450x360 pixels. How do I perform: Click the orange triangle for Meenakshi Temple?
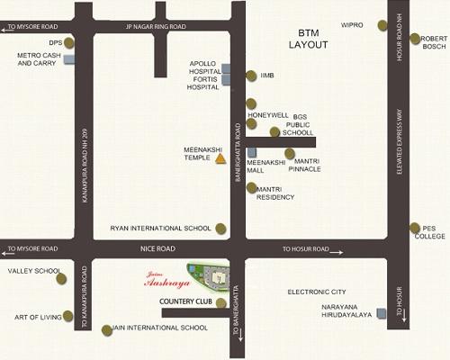[220, 159]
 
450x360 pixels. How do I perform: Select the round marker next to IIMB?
[251, 76]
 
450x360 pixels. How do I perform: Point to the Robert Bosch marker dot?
[415, 39]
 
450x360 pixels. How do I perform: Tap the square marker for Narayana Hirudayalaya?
[382, 312]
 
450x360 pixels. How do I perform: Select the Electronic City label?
[317, 292]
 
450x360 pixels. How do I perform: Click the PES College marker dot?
[415, 229]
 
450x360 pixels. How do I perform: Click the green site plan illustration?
[208, 272]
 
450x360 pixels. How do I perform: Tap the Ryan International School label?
[160, 229]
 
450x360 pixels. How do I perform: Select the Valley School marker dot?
[61, 278]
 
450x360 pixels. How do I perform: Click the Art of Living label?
[37, 317]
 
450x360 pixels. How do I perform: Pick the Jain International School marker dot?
[107, 329]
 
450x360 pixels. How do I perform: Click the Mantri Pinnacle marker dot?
[290, 154]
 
